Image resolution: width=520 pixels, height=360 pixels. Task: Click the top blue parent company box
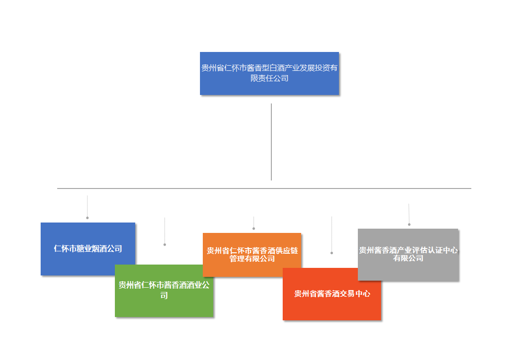coord(269,73)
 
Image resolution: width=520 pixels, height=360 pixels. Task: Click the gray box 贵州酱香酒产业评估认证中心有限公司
coord(408,254)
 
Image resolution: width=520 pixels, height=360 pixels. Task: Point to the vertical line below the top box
coord(271,142)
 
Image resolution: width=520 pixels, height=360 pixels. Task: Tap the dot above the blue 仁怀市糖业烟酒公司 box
coord(87,218)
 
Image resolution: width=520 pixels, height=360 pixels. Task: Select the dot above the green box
coord(165,244)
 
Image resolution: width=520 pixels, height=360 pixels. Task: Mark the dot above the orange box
coord(253,229)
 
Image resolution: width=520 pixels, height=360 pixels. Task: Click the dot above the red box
coord(331,253)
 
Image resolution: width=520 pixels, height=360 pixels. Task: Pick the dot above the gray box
coord(409,224)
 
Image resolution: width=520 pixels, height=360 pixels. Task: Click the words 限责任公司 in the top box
coord(269,78)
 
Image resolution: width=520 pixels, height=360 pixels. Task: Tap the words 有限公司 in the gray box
coord(408,258)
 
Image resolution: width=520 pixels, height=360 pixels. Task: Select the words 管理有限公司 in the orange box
coord(252,258)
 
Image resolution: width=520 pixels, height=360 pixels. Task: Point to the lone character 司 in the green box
coord(164,296)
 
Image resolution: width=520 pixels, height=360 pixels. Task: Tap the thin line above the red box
coord(331,234)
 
